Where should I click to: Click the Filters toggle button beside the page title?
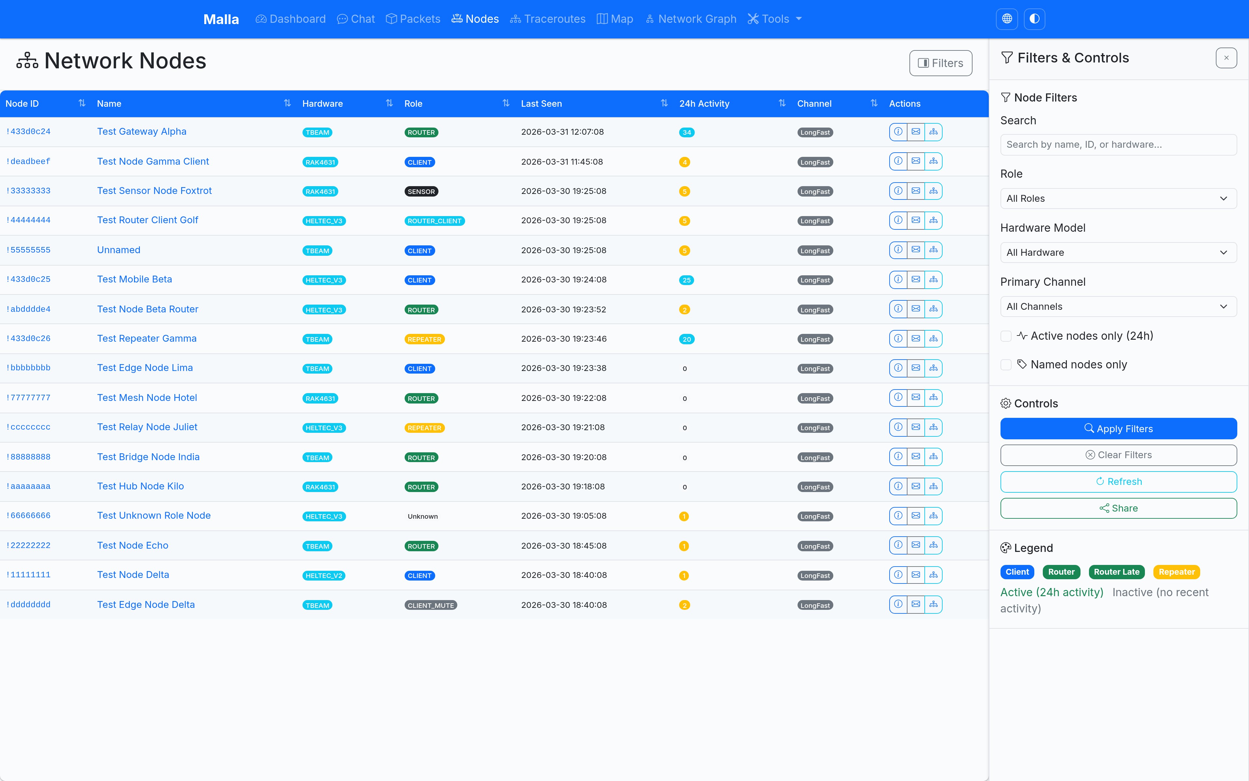click(x=940, y=63)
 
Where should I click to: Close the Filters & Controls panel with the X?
click(x=1226, y=58)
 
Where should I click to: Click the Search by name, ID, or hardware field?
click(x=1119, y=144)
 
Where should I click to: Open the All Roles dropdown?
click(x=1119, y=199)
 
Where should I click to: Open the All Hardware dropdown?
click(x=1119, y=253)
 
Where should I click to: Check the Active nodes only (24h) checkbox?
click(x=1006, y=336)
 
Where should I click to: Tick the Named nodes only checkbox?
click(x=1006, y=365)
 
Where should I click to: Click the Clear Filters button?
click(x=1119, y=455)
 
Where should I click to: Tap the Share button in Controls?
click(x=1119, y=508)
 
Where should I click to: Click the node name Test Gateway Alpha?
click(x=142, y=132)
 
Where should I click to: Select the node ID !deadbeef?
click(x=28, y=162)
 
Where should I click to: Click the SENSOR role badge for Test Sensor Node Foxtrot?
click(x=421, y=192)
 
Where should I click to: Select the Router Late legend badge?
click(x=1116, y=572)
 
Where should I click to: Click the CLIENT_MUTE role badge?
click(x=430, y=605)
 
